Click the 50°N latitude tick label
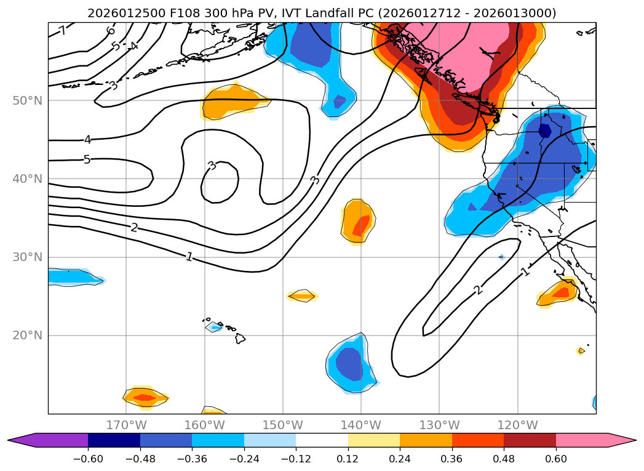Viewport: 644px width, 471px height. pyautogui.click(x=27, y=100)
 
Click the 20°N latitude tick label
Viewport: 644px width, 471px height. pyautogui.click(x=27, y=336)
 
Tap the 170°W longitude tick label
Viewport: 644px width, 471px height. pyautogui.click(x=126, y=425)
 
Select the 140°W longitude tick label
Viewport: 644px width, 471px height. pyautogui.click(x=361, y=425)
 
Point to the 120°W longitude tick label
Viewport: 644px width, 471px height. pyautogui.click(x=517, y=425)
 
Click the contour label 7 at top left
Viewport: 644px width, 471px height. pyautogui.click(x=63, y=31)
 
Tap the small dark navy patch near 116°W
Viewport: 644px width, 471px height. pyautogui.click(x=545, y=131)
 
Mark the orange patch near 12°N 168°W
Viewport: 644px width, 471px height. pyautogui.click(x=145, y=397)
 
